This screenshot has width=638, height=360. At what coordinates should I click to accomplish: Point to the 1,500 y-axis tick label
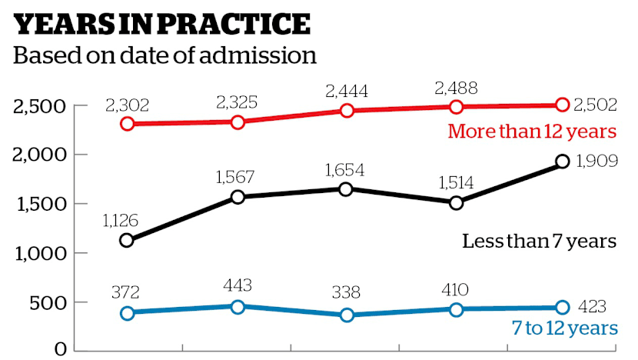(38, 204)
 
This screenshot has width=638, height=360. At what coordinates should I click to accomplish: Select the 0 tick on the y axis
(58, 349)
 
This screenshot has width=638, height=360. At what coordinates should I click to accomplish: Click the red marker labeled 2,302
(128, 123)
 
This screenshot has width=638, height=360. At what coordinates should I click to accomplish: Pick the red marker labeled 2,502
(562, 105)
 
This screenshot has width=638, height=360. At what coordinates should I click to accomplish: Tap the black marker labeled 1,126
(128, 241)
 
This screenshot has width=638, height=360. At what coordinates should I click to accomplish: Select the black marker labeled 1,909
(562, 162)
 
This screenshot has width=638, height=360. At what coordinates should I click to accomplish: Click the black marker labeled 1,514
(456, 203)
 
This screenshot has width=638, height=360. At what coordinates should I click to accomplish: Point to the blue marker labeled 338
(347, 315)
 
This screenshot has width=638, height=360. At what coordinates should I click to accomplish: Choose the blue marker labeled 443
(238, 307)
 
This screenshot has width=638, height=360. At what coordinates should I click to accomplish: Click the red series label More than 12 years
(532, 132)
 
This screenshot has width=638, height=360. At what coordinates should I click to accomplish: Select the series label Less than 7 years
(539, 241)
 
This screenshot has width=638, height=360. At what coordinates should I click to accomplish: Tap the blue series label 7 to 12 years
(564, 328)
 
